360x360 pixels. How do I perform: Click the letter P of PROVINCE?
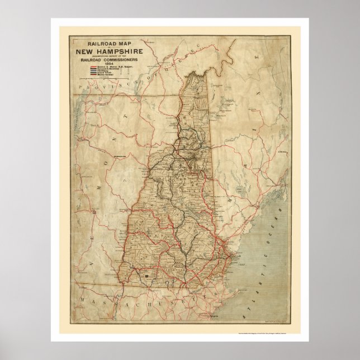click(80, 89)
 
